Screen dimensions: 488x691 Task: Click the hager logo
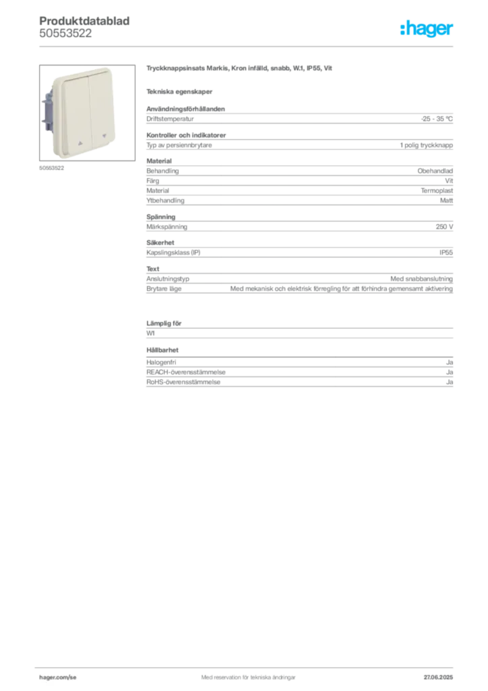click(x=427, y=28)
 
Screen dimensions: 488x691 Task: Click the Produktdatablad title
click(x=84, y=21)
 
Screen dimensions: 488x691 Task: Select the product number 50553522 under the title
click(x=65, y=33)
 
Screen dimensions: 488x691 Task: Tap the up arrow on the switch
click(x=80, y=143)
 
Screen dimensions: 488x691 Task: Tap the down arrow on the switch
click(x=104, y=136)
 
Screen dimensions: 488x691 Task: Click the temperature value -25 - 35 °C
click(x=437, y=119)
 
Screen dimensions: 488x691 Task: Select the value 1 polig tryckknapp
click(x=427, y=145)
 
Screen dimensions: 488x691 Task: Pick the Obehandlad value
click(x=435, y=171)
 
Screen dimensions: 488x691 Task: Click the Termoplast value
click(x=437, y=191)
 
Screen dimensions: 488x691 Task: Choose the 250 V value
click(x=444, y=227)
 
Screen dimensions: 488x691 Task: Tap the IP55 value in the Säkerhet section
click(x=446, y=252)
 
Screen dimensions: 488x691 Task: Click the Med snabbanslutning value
click(x=421, y=279)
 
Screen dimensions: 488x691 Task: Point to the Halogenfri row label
click(x=161, y=362)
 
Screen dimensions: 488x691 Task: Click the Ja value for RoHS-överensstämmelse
click(x=450, y=382)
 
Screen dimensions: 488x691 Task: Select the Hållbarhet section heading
click(x=162, y=350)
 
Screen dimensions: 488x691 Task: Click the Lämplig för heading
click(x=164, y=323)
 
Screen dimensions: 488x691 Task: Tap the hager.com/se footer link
click(x=58, y=678)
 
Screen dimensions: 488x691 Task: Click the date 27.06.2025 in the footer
click(x=438, y=678)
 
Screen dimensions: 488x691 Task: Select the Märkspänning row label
click(x=166, y=227)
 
